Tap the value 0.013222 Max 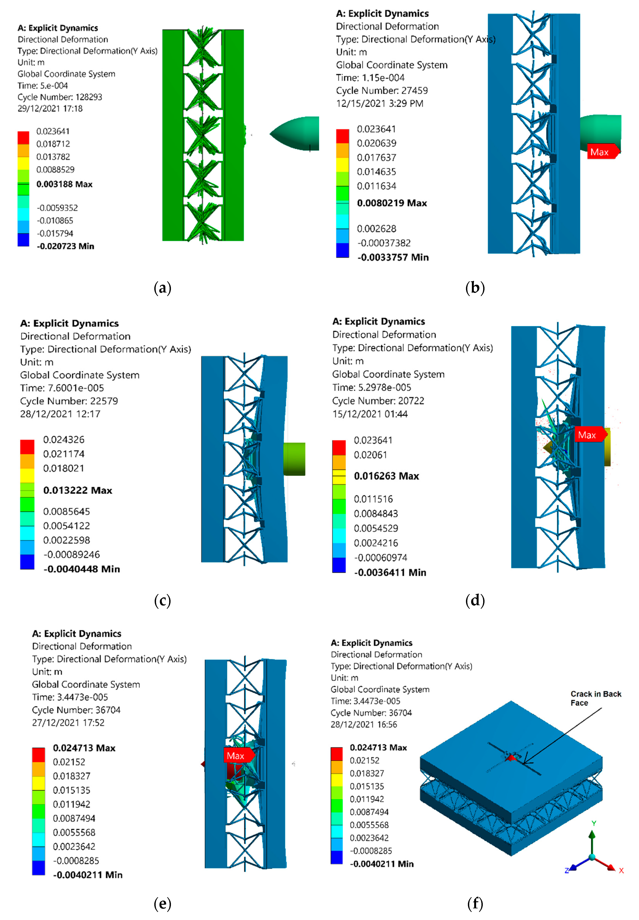point(78,490)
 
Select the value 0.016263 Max point(386,476)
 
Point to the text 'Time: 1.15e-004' point(370,78)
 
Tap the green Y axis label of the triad point(594,823)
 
